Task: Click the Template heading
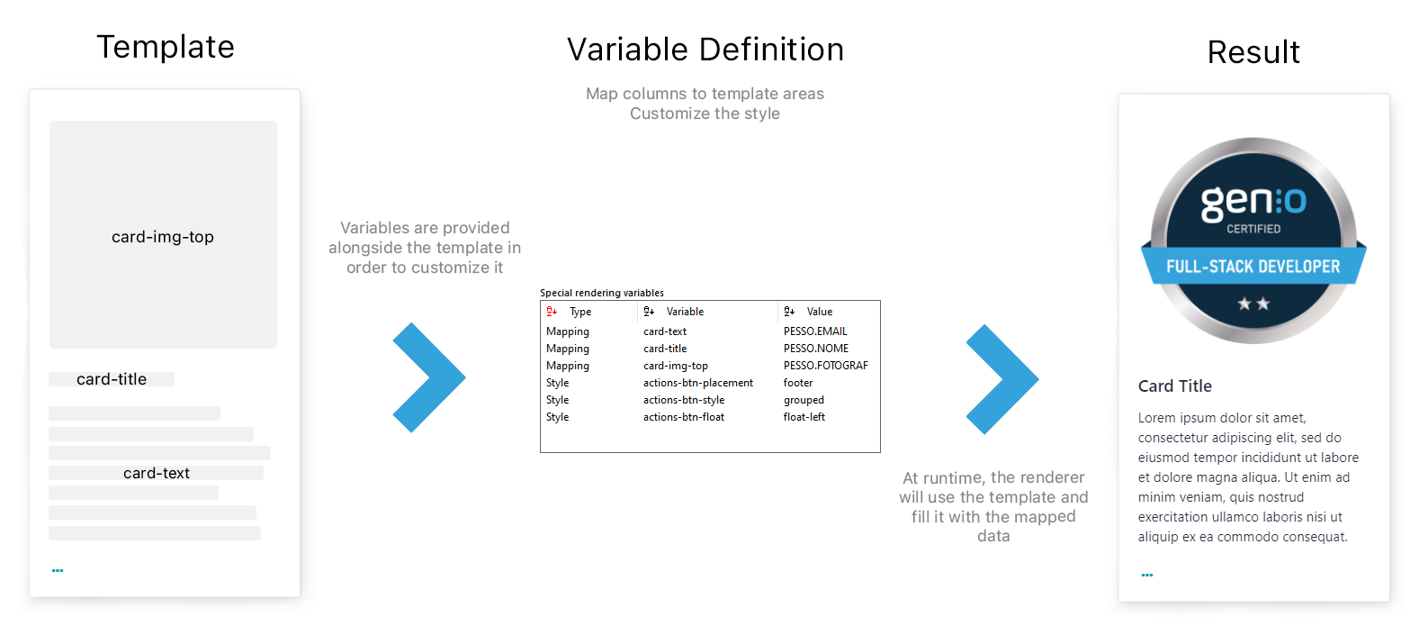166,47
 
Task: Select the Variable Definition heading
705,50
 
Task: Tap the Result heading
1253,52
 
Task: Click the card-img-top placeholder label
163,237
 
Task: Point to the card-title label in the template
112,379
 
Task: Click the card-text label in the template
157,473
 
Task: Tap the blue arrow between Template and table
429,377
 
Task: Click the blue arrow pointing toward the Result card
1002,379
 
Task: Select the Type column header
580,312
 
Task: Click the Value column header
819,312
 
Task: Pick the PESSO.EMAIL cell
815,331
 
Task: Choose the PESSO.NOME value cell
816,349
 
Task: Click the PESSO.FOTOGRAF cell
826,366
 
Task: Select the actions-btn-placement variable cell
698,383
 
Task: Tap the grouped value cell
804,400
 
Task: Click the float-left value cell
804,417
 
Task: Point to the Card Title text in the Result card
1174,386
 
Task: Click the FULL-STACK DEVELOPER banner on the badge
1253,265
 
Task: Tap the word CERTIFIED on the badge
1253,229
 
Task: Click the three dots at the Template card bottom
58,571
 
